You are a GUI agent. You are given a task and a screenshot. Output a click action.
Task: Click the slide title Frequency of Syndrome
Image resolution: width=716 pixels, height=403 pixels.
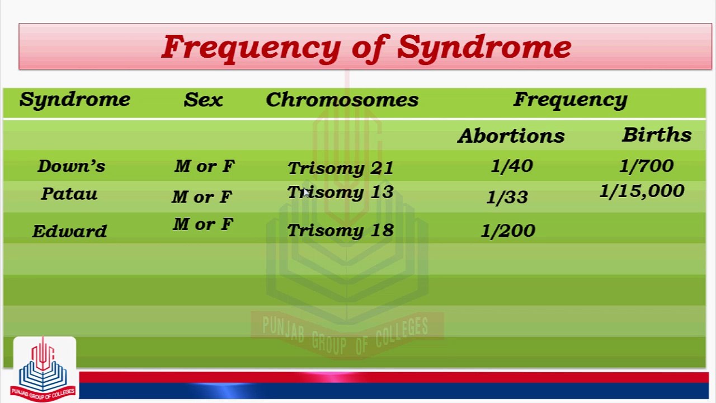click(366, 48)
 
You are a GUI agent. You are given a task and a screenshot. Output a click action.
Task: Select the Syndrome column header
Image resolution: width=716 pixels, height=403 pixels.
click(75, 100)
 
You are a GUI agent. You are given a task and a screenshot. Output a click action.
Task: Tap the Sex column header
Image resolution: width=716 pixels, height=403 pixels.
click(203, 100)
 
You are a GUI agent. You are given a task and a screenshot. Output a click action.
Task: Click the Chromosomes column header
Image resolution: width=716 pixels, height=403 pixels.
click(342, 100)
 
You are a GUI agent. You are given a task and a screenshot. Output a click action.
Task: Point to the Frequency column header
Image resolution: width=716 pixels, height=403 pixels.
click(571, 100)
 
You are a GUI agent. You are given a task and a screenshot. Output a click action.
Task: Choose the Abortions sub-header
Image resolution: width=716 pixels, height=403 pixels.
click(511, 135)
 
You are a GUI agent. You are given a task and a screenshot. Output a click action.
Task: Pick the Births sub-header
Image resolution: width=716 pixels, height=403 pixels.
click(657, 134)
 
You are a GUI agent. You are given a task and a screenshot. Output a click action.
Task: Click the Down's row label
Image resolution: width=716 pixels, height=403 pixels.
click(71, 166)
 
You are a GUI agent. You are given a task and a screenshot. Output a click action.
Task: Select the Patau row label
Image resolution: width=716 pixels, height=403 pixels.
click(69, 194)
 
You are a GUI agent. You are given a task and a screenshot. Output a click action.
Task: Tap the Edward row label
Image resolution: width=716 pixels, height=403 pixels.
click(69, 231)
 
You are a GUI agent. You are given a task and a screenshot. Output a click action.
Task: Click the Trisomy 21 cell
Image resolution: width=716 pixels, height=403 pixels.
click(341, 168)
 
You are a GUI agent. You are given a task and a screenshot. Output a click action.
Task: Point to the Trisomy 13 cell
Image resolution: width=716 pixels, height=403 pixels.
click(341, 193)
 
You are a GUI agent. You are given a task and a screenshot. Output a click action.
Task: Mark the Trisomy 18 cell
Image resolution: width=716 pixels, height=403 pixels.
click(341, 231)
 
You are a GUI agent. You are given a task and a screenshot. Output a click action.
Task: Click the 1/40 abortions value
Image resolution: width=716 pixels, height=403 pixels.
click(512, 166)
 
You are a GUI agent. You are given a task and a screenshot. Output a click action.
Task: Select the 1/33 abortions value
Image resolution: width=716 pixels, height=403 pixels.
click(507, 197)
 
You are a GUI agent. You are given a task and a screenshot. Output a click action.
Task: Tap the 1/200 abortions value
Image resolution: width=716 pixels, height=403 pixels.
click(508, 231)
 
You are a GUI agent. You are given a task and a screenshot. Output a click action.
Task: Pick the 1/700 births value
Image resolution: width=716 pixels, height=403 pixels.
click(646, 166)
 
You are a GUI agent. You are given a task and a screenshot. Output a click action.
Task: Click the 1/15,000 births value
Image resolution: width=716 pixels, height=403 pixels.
click(642, 191)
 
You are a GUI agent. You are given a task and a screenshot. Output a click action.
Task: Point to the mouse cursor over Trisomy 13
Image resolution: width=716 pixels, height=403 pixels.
click(307, 193)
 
